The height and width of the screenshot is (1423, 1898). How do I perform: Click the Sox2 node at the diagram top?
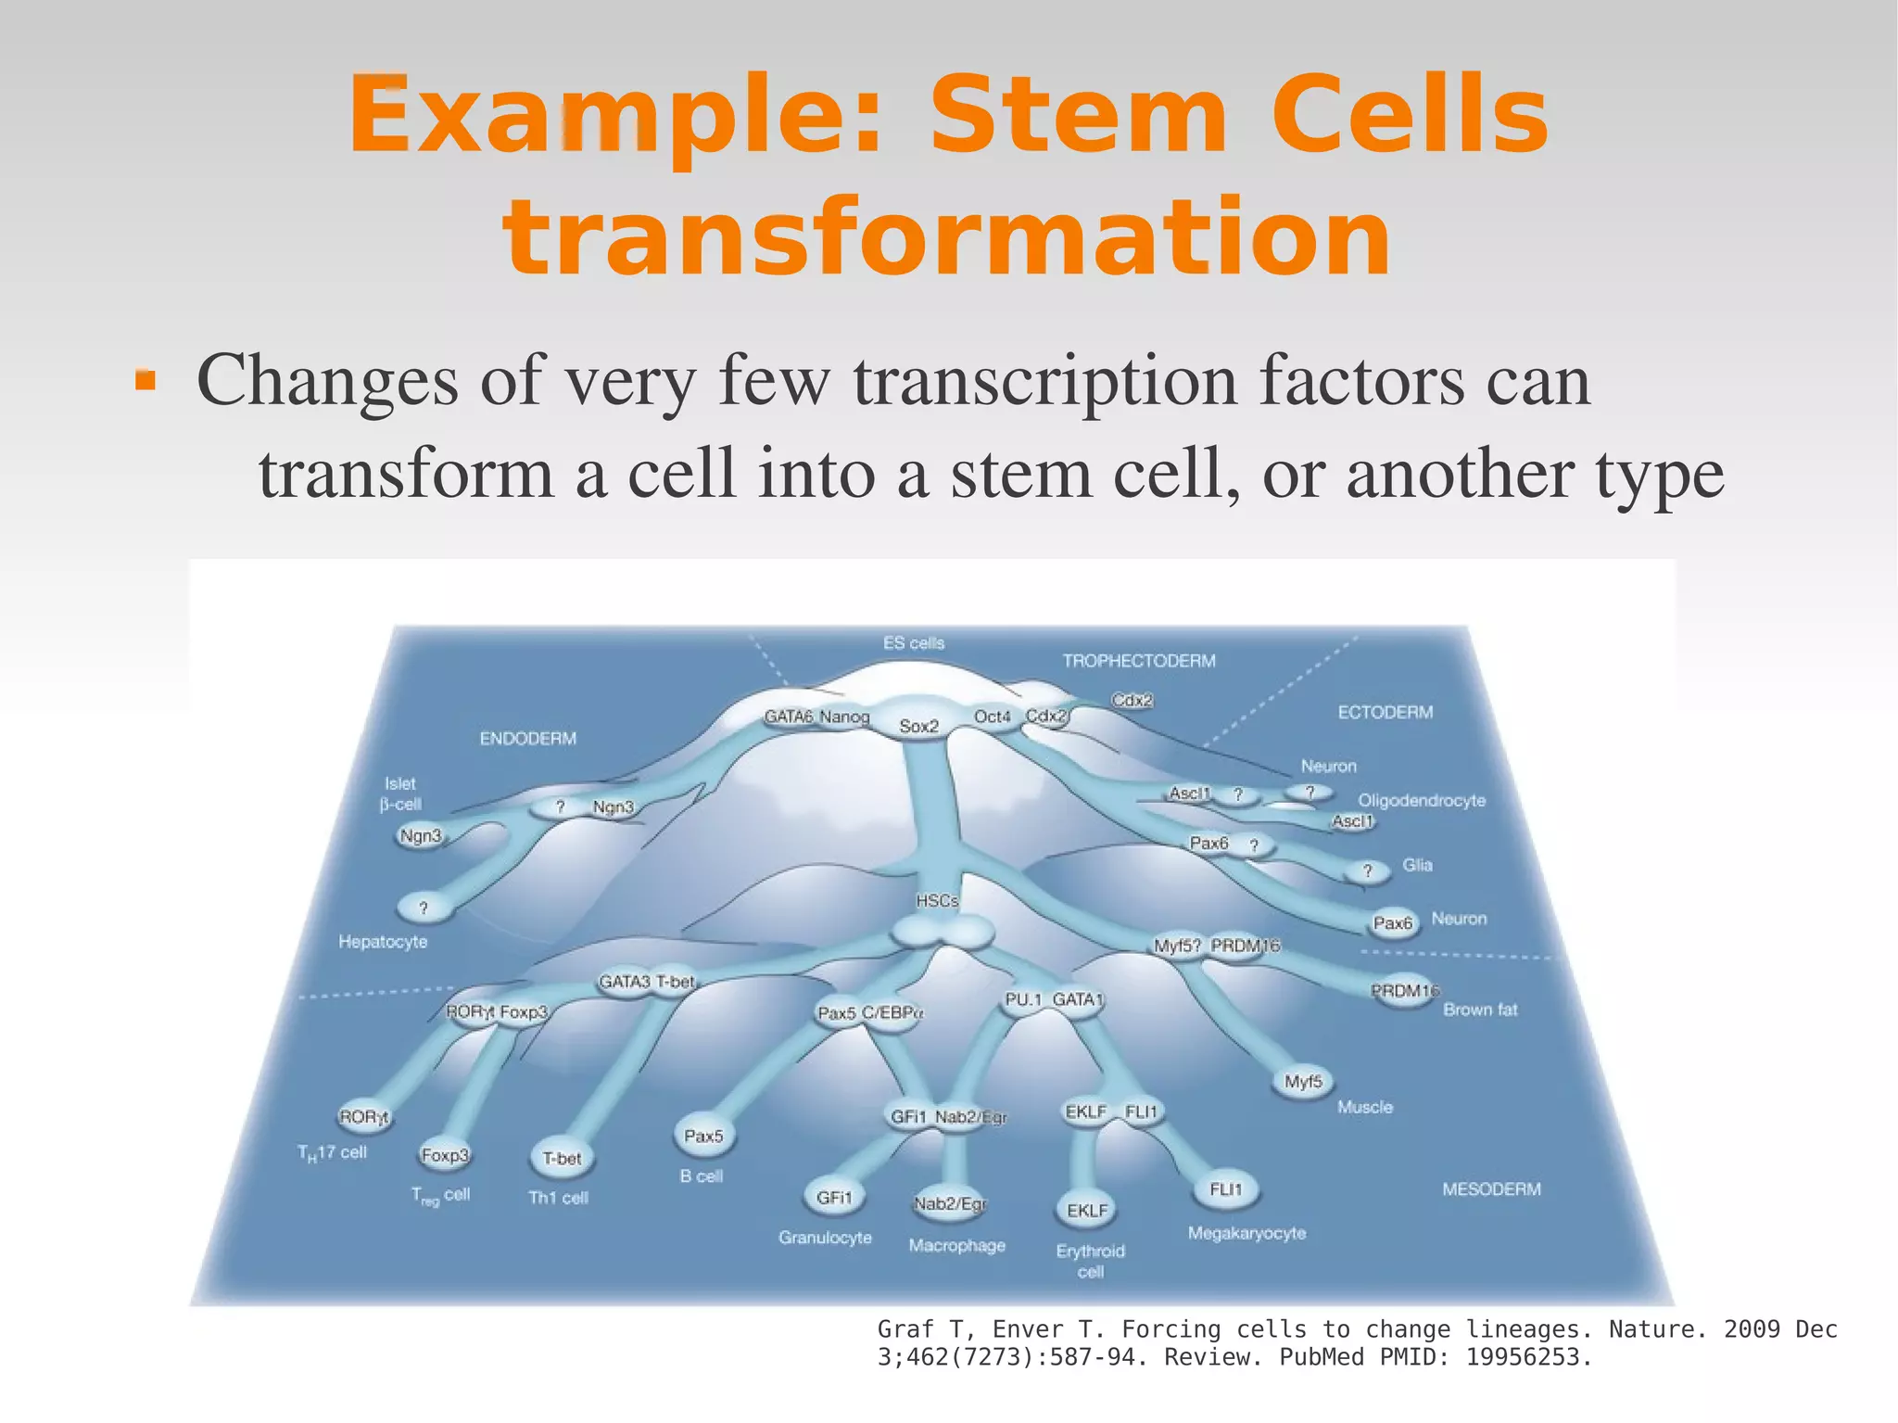[918, 727]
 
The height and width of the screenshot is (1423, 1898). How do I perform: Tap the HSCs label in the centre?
[937, 901]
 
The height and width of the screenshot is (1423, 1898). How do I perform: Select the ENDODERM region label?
[527, 739]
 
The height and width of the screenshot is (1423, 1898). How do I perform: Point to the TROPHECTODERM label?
[1139, 661]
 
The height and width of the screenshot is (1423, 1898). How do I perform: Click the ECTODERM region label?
[1385, 712]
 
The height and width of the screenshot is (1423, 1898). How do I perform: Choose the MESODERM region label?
[1491, 1189]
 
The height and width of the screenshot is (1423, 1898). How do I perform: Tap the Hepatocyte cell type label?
[383, 942]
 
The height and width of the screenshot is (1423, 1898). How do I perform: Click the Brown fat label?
[1480, 1010]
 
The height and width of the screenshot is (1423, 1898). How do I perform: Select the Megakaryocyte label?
[1246, 1233]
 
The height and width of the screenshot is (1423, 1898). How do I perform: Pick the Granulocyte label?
[825, 1238]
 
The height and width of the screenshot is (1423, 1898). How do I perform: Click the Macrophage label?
[956, 1245]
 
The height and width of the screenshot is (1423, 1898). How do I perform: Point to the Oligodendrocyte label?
[1421, 800]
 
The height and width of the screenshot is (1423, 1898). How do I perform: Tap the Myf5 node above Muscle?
[1303, 1082]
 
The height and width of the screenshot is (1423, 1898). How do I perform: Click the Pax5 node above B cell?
[703, 1136]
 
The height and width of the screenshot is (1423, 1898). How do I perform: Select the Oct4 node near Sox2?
[992, 717]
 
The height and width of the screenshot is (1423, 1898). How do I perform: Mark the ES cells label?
[913, 643]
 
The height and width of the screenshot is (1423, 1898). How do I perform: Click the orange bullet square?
[145, 381]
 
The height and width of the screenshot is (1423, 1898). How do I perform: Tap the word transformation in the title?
[946, 238]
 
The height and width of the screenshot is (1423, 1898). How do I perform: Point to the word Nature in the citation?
[1647, 1329]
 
